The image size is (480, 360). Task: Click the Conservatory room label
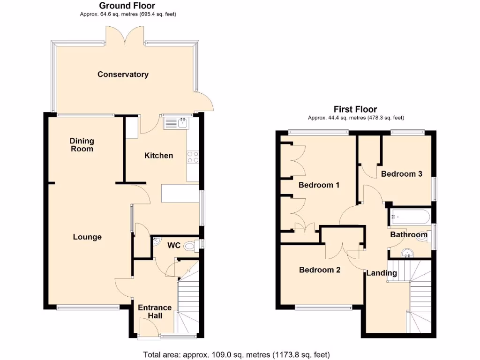(x=123, y=74)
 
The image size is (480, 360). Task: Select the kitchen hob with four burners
(x=193, y=157)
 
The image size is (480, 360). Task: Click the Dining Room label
(x=82, y=144)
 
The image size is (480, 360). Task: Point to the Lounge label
(x=87, y=237)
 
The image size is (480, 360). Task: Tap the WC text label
(x=174, y=245)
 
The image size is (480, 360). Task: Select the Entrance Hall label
(x=154, y=312)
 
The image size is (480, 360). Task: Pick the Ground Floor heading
(x=127, y=6)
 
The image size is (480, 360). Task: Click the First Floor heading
(x=355, y=109)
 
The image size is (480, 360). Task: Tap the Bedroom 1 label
(x=319, y=185)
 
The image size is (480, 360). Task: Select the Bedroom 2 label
(x=320, y=270)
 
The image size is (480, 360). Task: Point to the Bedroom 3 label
(x=401, y=174)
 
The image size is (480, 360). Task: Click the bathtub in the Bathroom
(x=408, y=217)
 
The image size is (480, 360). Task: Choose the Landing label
(x=382, y=273)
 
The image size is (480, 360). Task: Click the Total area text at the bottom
(x=236, y=354)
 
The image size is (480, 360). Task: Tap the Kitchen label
(x=158, y=155)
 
